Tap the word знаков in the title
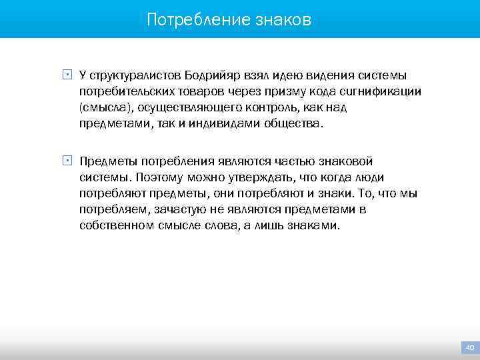click(283, 20)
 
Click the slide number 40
click(469, 347)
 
